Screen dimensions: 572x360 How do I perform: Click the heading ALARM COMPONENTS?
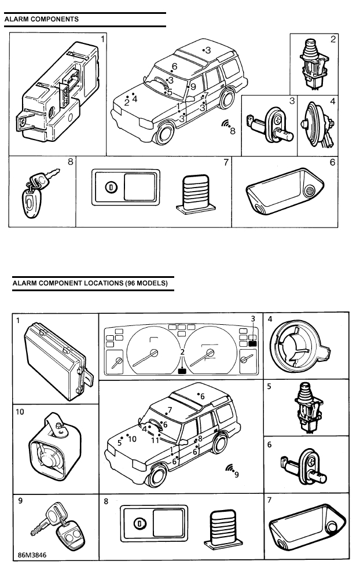42,19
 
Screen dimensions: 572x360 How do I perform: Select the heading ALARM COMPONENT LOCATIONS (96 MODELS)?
90,284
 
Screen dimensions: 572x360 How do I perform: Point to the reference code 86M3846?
33,553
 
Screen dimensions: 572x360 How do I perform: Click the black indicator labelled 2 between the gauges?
183,371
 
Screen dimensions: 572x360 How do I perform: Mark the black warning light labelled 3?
252,343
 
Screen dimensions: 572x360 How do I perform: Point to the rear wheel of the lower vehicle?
220,443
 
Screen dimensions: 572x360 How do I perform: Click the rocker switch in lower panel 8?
153,524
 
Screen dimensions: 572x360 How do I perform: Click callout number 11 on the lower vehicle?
155,440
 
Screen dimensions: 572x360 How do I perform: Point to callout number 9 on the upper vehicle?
193,87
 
